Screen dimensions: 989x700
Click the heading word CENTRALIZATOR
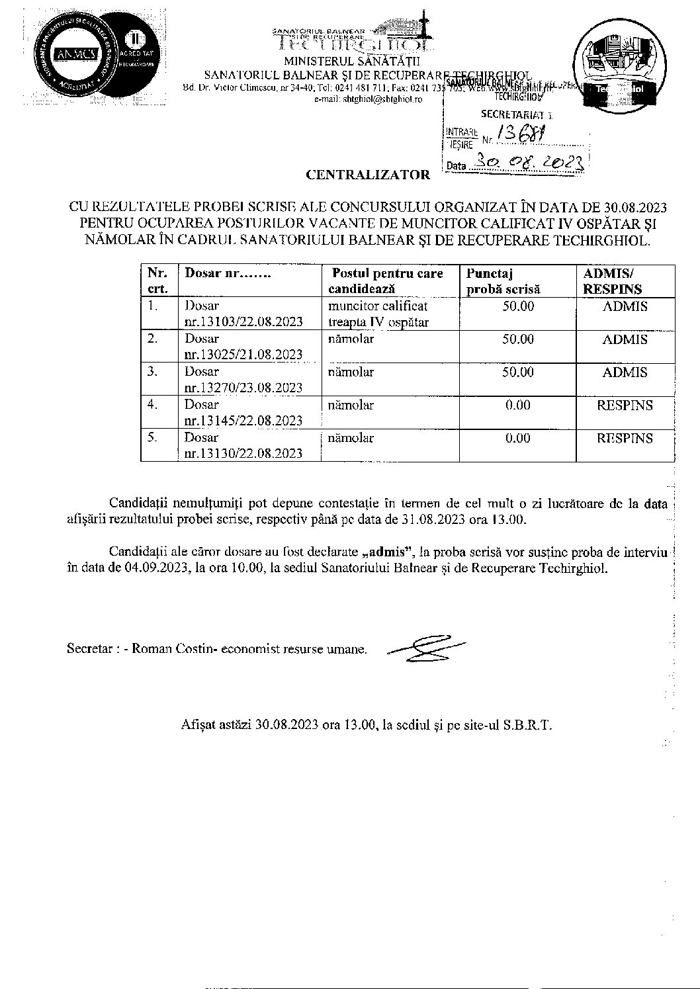click(x=367, y=176)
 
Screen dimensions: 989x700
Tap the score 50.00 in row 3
click(x=517, y=372)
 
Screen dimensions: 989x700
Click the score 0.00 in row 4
click(x=517, y=406)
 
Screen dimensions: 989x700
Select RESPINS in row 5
click(x=625, y=438)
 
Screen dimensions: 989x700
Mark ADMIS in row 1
click(x=625, y=306)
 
